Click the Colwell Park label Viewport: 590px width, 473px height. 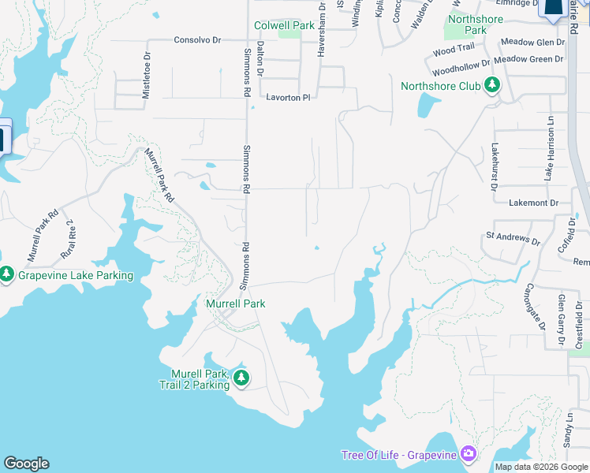coord(284,26)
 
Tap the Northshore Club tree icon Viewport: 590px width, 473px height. coord(493,85)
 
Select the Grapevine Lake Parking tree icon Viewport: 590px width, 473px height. coord(7,275)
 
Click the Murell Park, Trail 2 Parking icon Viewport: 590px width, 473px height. coord(241,378)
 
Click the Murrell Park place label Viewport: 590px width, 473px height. coord(235,304)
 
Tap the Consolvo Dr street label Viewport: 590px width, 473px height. coord(197,39)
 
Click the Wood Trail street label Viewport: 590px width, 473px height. coord(454,50)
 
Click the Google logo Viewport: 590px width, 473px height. coord(26,464)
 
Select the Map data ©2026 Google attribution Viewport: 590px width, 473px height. coord(540,467)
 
